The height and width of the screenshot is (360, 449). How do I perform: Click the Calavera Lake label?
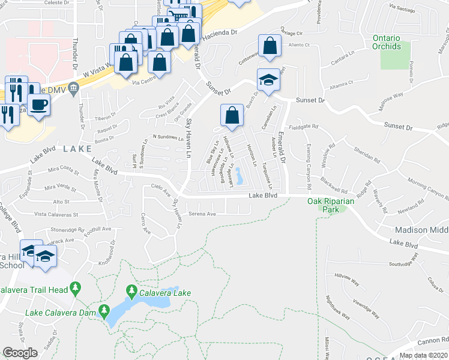tap(166, 293)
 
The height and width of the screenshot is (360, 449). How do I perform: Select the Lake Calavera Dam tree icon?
tap(104, 311)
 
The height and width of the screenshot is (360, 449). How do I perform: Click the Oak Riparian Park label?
tap(331, 205)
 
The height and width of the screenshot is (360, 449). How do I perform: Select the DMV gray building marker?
tap(73, 89)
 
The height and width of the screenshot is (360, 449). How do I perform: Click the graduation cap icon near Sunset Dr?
tap(268, 80)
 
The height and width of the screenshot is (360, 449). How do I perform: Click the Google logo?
tap(20, 353)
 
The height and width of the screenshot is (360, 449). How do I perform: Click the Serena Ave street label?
tap(202, 214)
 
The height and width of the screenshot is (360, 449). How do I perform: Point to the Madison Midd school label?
tap(421, 230)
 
